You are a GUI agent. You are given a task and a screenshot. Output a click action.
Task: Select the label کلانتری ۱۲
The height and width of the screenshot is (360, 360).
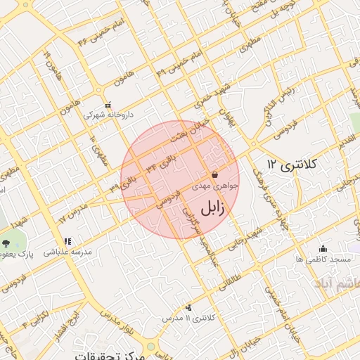pyautogui.click(x=292, y=164)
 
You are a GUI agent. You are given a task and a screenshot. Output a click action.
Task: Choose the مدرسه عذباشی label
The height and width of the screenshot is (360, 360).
pyautogui.click(x=66, y=252)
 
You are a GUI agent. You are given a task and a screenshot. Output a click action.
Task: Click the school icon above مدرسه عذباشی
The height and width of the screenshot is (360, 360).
pyautogui.click(x=67, y=242)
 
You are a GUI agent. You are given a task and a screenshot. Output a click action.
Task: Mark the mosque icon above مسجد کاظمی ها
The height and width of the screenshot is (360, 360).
pyautogui.click(x=323, y=248)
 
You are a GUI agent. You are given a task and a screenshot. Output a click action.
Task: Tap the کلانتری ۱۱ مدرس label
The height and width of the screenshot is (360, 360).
pyautogui.click(x=186, y=319)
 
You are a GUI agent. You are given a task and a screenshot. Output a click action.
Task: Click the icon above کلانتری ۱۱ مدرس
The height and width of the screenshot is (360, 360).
pyautogui.click(x=188, y=307)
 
